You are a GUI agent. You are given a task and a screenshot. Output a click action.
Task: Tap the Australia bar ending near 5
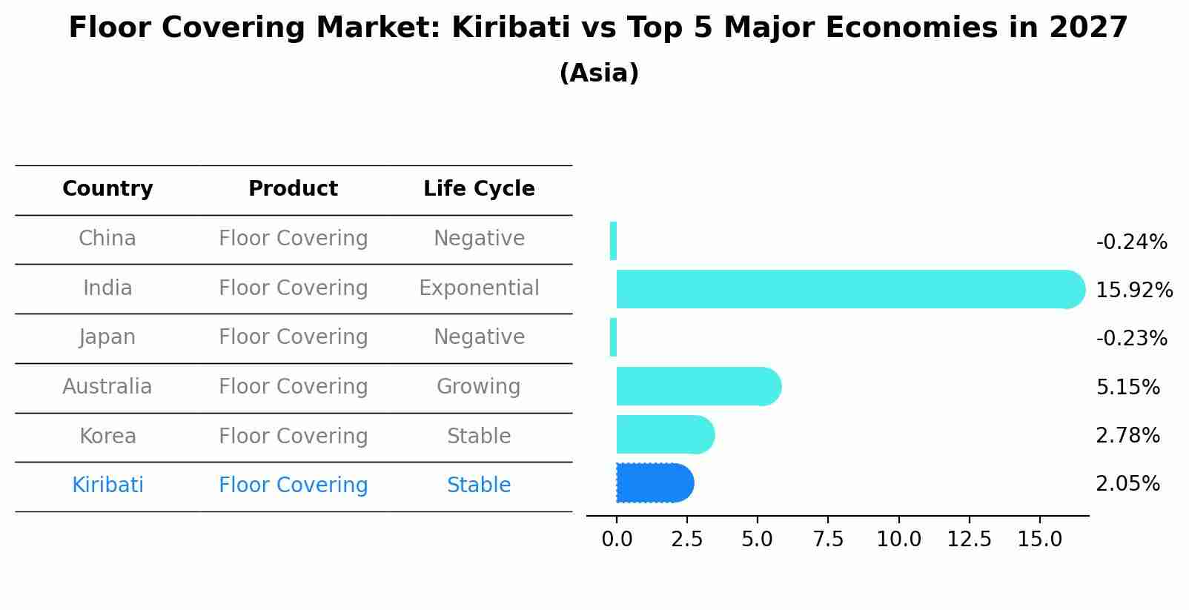click(697, 386)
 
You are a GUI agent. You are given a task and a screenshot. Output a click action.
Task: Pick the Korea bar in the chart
click(664, 434)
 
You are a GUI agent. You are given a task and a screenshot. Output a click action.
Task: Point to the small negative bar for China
click(613, 241)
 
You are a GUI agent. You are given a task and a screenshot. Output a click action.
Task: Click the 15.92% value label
click(1133, 290)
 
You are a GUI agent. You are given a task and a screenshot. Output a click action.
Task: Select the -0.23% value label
click(1131, 339)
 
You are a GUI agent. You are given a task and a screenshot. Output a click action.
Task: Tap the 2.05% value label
click(1127, 484)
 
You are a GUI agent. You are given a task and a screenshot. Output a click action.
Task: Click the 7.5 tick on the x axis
click(828, 540)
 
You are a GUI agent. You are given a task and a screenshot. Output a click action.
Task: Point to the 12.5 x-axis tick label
click(969, 540)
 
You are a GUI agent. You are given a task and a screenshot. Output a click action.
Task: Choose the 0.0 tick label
click(617, 540)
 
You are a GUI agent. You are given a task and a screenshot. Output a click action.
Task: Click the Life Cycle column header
click(479, 189)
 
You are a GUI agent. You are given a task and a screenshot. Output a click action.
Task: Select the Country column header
click(107, 189)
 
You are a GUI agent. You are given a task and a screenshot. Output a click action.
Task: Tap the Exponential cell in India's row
click(479, 288)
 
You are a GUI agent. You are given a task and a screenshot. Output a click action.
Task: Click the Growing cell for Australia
click(478, 387)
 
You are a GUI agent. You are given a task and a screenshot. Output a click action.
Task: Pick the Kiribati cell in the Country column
click(107, 485)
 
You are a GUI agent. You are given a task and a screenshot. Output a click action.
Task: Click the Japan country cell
click(107, 337)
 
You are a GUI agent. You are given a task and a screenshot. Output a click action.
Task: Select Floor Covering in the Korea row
click(293, 437)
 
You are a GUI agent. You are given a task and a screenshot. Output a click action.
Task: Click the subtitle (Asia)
click(599, 73)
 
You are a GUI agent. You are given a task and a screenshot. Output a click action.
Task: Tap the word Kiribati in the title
click(511, 28)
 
